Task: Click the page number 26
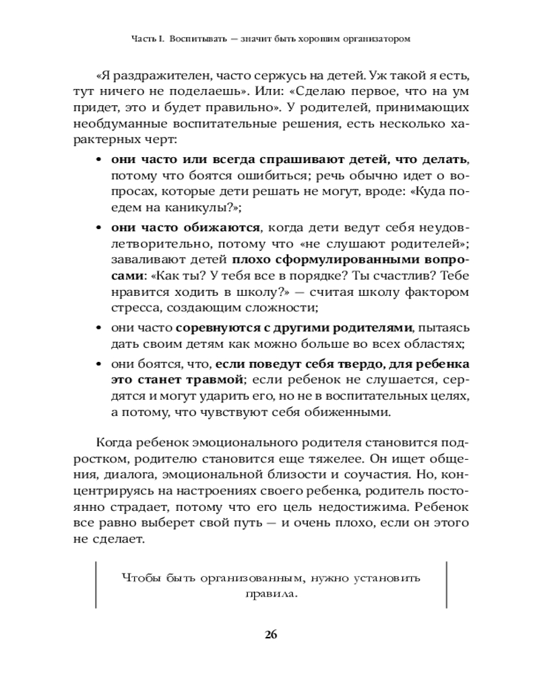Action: coord(269,634)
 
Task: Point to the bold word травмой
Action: coord(211,379)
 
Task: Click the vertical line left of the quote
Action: coord(97,586)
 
